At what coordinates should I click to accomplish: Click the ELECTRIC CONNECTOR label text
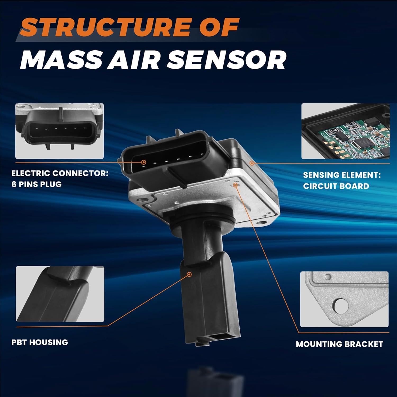point(60,173)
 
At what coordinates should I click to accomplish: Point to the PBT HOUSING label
point(40,342)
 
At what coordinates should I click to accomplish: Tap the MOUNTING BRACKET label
point(339,344)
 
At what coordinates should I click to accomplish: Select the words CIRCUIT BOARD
point(336,186)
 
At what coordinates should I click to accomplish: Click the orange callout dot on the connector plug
point(144,162)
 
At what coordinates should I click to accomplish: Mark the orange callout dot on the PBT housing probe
point(189,274)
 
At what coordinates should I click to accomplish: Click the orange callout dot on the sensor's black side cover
point(252,163)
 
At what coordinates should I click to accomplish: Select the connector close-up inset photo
point(60,131)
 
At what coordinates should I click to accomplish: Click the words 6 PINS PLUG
point(37,184)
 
